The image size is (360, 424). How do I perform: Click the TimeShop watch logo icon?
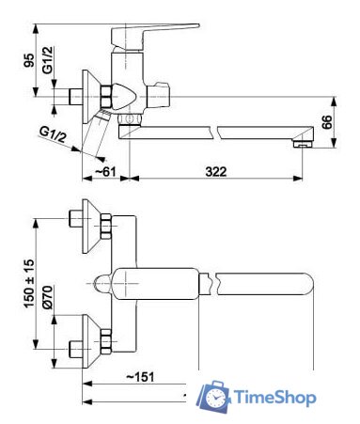tap(215, 398)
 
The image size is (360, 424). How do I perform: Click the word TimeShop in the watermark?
tap(274, 399)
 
